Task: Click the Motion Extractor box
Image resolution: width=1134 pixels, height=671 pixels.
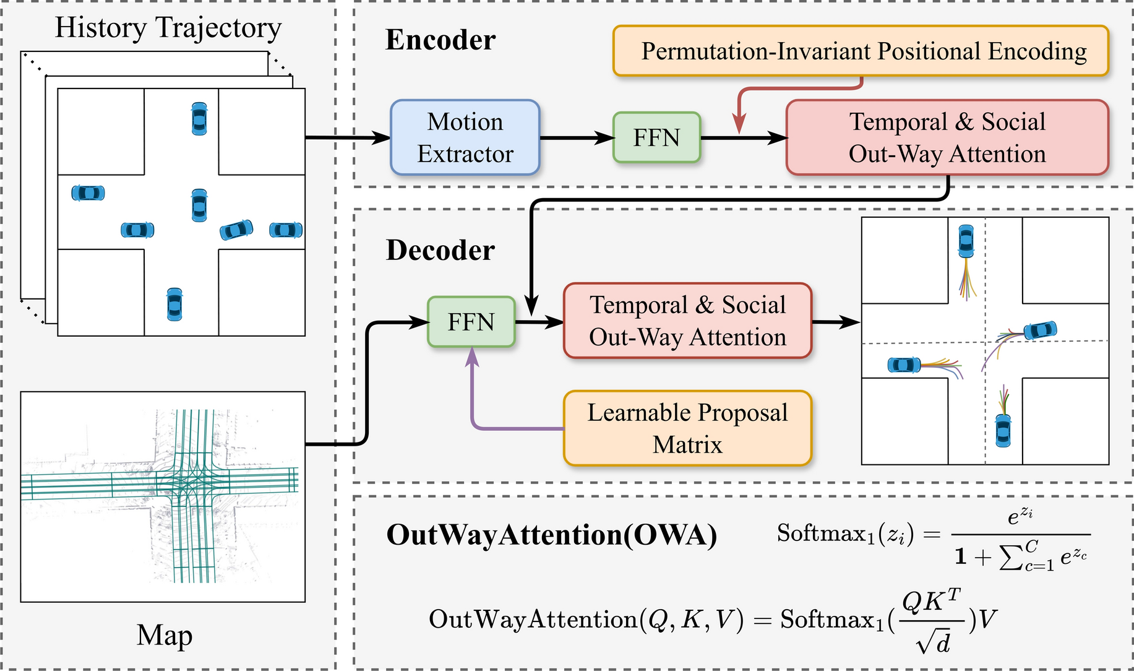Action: tap(465, 137)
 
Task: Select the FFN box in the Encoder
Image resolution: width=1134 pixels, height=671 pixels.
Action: tap(656, 137)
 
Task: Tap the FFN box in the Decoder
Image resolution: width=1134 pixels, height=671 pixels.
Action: tap(471, 322)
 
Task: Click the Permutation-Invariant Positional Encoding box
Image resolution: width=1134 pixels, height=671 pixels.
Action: tap(861, 51)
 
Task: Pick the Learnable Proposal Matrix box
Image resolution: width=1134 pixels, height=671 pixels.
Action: tap(687, 428)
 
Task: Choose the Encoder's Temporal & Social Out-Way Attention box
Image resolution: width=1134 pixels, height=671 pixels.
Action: tap(947, 137)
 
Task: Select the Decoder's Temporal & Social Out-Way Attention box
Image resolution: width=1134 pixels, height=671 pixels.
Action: tap(687, 321)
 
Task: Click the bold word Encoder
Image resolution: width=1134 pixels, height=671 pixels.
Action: tap(440, 40)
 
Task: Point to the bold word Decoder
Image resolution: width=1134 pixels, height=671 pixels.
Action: tap(440, 250)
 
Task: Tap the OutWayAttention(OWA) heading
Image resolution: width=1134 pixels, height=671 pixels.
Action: tap(552, 535)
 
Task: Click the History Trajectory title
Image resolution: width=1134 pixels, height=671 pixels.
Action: tap(168, 28)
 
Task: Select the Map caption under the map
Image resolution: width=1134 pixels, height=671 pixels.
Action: tap(165, 635)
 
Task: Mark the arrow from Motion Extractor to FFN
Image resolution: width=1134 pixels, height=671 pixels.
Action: tap(577, 137)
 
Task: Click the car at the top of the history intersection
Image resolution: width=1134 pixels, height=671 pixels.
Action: tap(199, 119)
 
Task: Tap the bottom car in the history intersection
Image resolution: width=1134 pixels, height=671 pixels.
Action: tap(174, 304)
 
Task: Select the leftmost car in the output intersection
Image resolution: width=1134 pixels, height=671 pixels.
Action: tap(904, 365)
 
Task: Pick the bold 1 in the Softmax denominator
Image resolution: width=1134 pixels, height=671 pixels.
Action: tap(960, 556)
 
